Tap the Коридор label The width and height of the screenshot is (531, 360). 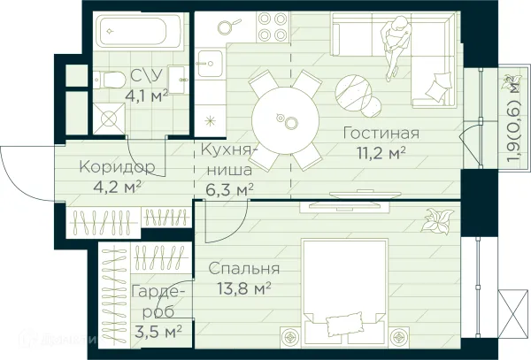pyautogui.click(x=116, y=166)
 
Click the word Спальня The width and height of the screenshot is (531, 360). pyautogui.click(x=243, y=268)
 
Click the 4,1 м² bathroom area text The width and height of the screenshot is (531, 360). pyautogui.click(x=146, y=94)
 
